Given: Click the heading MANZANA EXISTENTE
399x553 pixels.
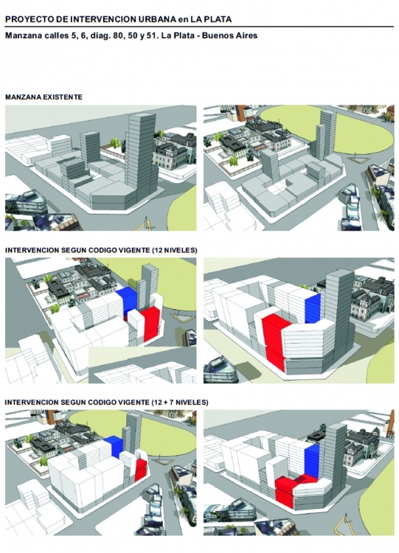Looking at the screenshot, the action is pyautogui.click(x=44, y=97).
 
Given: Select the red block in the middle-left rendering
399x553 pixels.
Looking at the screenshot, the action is pyautogui.click(x=151, y=324).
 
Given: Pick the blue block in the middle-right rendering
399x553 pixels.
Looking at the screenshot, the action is pyautogui.click(x=313, y=309).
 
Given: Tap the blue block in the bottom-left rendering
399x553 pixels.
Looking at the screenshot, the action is pyautogui.click(x=114, y=446).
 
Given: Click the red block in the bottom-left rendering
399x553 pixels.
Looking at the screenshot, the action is pyautogui.click(x=141, y=470).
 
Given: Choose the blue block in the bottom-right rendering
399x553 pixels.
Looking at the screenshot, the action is pyautogui.click(x=312, y=461).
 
